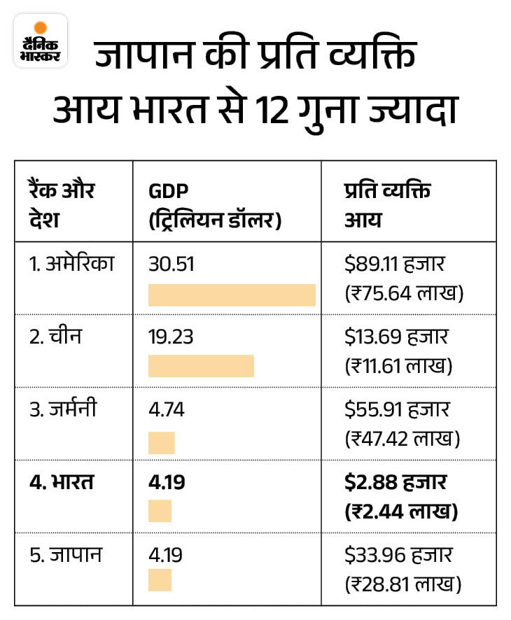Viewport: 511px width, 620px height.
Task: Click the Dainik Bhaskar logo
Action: pyautogui.click(x=41, y=41)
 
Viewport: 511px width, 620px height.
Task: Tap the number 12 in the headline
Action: pyautogui.click(x=272, y=110)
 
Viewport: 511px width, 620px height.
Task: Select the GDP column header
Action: pyautogui.click(x=215, y=205)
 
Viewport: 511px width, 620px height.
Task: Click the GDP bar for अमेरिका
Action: pyautogui.click(x=232, y=295)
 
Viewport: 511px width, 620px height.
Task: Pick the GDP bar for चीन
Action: pyautogui.click(x=201, y=366)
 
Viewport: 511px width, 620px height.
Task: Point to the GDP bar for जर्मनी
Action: pyautogui.click(x=162, y=443)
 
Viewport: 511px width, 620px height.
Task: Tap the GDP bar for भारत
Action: pyautogui.click(x=160, y=511)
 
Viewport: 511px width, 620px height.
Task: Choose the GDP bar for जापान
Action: pyautogui.click(x=160, y=580)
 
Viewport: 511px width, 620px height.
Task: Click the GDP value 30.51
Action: pyautogui.click(x=171, y=264)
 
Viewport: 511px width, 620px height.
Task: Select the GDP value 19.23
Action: pyautogui.click(x=171, y=337)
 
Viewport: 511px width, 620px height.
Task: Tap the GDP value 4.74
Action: pyautogui.click(x=167, y=409)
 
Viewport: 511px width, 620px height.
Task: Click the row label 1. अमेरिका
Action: pyautogui.click(x=71, y=263)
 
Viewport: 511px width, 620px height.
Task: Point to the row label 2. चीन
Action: pyautogui.click(x=55, y=336)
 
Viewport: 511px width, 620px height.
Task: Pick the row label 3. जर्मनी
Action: pyautogui.click(x=63, y=409)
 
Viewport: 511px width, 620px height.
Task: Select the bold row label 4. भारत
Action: pyautogui.click(x=62, y=482)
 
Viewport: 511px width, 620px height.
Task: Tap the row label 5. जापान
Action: pyautogui.click(x=66, y=554)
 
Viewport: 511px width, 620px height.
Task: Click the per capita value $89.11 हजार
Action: pyautogui.click(x=395, y=264)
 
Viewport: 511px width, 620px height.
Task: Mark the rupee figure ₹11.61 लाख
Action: pyautogui.click(x=398, y=366)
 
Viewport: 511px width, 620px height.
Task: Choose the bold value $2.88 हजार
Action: pyautogui.click(x=395, y=482)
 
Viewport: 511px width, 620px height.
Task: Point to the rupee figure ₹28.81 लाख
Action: pyautogui.click(x=403, y=584)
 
